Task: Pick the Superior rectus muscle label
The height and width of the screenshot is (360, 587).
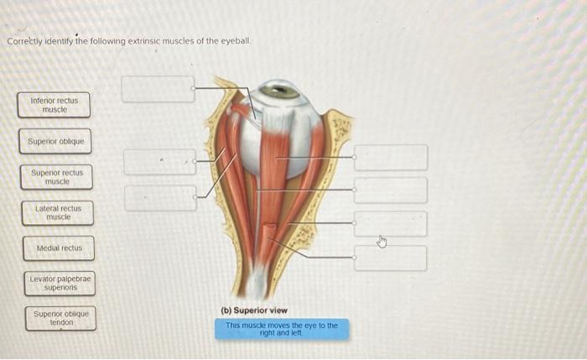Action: coord(56,177)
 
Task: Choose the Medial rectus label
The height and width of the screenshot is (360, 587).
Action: coord(59,248)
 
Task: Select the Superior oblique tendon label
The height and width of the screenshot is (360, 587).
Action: coord(60,318)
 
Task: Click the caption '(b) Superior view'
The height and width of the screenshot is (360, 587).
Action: coord(254,310)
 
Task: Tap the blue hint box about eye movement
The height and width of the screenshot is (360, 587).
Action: coord(281,328)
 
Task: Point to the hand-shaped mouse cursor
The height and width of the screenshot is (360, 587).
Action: coord(382,243)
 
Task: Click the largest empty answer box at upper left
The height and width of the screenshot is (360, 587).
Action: coord(158,89)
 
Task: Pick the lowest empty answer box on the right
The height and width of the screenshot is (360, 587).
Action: coord(390,258)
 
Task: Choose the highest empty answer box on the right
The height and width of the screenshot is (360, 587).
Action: coord(390,157)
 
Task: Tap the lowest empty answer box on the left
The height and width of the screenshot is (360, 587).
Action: coord(159,199)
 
